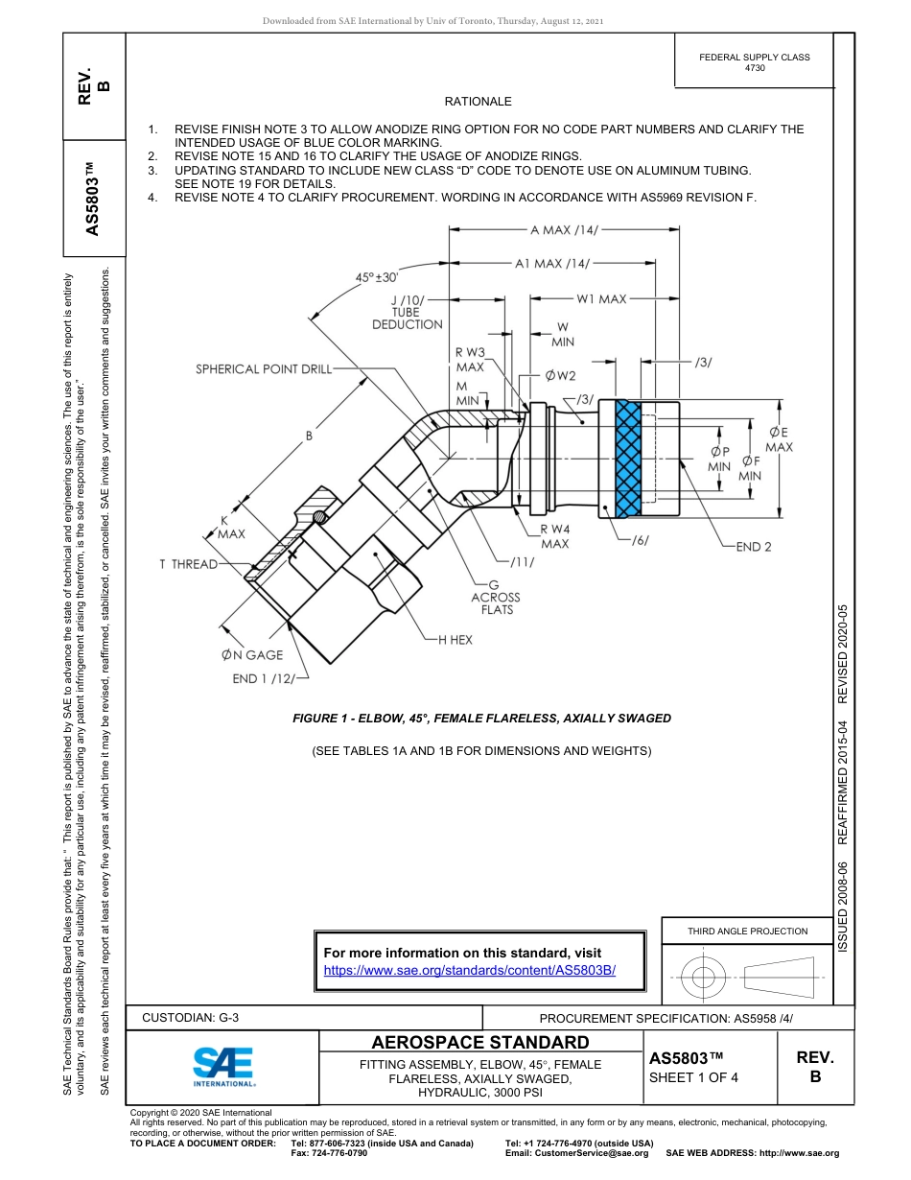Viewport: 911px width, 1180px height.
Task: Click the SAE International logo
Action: click(x=222, y=1066)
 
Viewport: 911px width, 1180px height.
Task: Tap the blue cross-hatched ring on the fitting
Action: click(x=627, y=459)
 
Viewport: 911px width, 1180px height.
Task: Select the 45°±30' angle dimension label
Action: click(x=376, y=277)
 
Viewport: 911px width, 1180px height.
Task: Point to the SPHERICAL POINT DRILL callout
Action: click(x=264, y=368)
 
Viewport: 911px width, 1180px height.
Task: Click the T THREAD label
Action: click(x=188, y=564)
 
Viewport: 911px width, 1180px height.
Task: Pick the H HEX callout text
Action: click(x=455, y=639)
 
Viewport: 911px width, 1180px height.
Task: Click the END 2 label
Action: click(x=754, y=547)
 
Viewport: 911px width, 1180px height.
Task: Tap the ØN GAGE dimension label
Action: click(x=252, y=655)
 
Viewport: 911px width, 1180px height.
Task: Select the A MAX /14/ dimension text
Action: click(x=563, y=230)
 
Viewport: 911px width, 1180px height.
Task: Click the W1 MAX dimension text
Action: click(x=600, y=299)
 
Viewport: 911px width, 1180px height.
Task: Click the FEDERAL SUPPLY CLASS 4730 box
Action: click(x=754, y=62)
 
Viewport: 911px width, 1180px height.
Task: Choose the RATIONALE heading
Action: click(x=478, y=102)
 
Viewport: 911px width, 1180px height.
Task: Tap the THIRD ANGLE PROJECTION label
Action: click(x=747, y=931)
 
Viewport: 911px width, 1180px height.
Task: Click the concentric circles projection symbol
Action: click(x=704, y=977)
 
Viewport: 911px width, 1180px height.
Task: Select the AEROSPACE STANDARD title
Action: click(x=479, y=1043)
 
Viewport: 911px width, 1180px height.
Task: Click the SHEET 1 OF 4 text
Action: click(x=693, y=1076)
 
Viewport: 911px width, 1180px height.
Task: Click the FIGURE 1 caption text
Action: click(x=481, y=718)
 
